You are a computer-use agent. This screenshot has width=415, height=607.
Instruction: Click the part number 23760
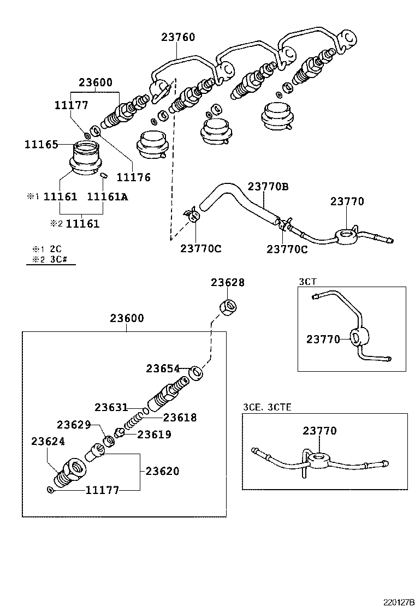(x=178, y=38)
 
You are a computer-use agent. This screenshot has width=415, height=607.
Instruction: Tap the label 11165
(x=41, y=145)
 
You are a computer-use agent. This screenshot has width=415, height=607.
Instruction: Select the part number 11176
(x=134, y=177)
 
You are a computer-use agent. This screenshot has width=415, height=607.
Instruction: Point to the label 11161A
(x=108, y=197)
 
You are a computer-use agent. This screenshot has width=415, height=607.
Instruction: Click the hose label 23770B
(x=268, y=187)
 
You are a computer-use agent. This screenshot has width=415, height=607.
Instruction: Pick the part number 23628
(x=228, y=283)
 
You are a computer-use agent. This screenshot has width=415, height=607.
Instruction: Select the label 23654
(x=163, y=368)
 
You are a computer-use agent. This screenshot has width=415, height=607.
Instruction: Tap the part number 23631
(x=111, y=407)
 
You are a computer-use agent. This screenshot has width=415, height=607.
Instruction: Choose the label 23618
(x=180, y=418)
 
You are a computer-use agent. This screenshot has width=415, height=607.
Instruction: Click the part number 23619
(x=154, y=435)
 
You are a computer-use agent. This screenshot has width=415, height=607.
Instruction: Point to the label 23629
(x=74, y=424)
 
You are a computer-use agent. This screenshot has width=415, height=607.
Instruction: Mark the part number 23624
(x=48, y=441)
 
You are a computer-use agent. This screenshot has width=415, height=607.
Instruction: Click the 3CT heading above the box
(x=307, y=281)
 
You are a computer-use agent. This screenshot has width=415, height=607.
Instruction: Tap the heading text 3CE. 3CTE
(x=267, y=407)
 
